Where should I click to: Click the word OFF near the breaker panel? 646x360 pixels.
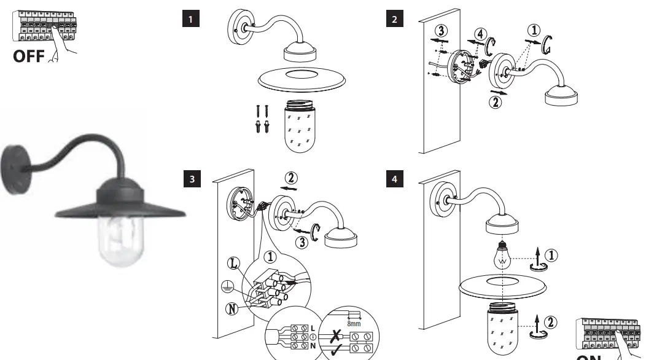tap(28, 57)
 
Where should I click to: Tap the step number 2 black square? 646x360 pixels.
tap(394, 19)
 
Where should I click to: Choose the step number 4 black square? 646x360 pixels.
tap(394, 179)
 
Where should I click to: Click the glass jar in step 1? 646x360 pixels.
tap(301, 125)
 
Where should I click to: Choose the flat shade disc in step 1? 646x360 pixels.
tap(301, 77)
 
